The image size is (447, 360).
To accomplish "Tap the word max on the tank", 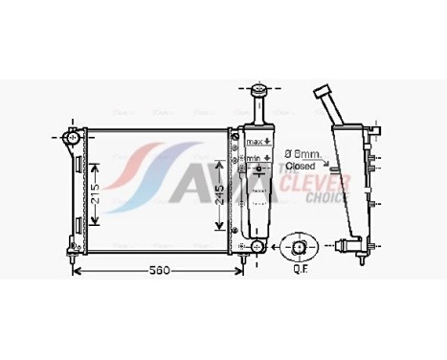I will point(252,142).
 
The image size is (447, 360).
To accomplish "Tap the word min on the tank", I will point(252,160).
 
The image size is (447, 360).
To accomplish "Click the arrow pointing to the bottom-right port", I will point(275,248).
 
